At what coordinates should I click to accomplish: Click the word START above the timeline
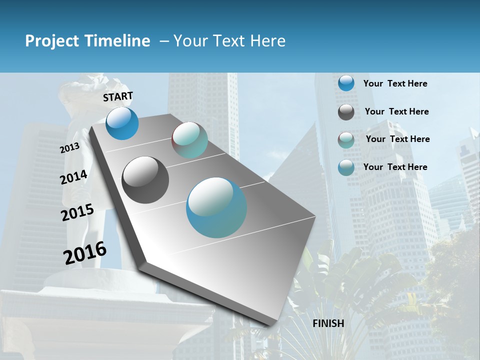118,96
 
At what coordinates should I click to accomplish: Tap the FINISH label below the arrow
328,323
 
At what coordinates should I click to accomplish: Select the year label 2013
69,148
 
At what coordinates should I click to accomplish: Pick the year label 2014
73,177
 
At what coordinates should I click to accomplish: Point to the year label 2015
77,212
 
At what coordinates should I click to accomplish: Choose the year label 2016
85,252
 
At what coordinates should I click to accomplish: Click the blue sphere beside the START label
122,123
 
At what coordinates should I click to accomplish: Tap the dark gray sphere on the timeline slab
145,180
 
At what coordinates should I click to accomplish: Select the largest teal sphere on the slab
216,207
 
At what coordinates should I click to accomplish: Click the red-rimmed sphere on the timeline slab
189,140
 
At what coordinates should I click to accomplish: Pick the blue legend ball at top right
346,83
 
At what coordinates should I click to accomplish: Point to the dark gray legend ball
346,112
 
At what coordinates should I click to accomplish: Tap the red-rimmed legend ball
346,140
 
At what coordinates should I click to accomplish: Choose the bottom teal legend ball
346,167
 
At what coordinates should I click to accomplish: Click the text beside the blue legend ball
395,83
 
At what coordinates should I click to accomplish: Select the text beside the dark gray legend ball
396,111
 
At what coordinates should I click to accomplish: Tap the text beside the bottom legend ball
395,167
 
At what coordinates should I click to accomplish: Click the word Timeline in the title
118,41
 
